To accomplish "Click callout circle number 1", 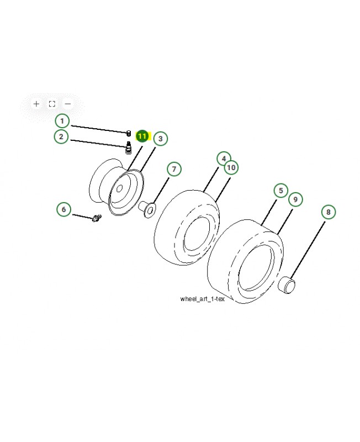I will (x=62, y=120).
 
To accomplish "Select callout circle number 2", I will (x=62, y=136).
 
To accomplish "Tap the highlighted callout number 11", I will (x=142, y=135).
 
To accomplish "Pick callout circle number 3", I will (x=160, y=139).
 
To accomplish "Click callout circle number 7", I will (x=173, y=169).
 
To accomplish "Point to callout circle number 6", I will (x=64, y=209).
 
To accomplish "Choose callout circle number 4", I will (x=224, y=159).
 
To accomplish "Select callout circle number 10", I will (x=231, y=167).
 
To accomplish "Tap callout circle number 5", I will (x=280, y=191).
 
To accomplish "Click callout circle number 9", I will (x=295, y=199).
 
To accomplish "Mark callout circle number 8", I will (x=328, y=212).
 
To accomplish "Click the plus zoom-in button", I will (x=36, y=103).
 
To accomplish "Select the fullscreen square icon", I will (x=52, y=103).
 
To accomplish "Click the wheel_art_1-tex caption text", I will (x=202, y=299).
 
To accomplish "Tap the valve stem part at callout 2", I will (x=128, y=148).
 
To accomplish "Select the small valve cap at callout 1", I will (x=128, y=133).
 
